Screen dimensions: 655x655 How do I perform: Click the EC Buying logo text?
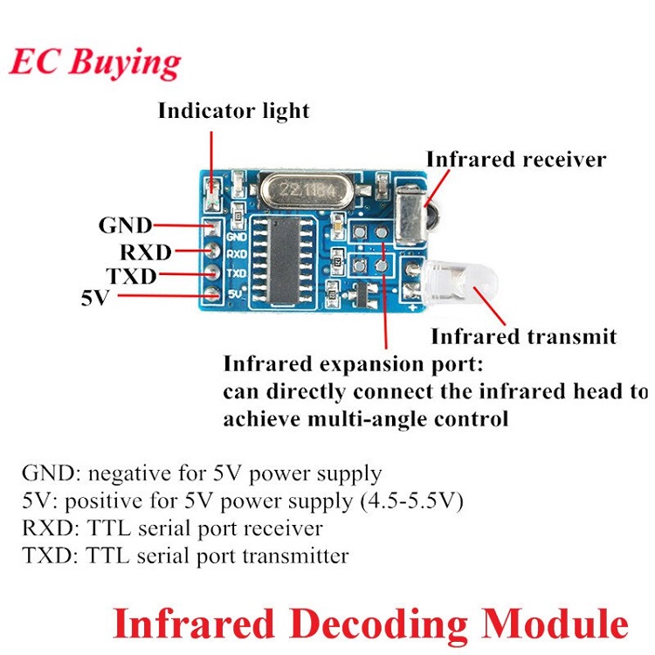click(x=95, y=64)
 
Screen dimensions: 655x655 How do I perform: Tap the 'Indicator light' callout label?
click(x=234, y=112)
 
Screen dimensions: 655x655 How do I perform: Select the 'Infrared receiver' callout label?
click(x=516, y=159)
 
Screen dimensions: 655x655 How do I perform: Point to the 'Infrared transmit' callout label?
click(x=524, y=337)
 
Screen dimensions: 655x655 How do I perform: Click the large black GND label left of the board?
click(x=125, y=225)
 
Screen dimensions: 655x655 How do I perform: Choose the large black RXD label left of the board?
click(x=146, y=252)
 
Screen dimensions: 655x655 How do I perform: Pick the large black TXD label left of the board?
click(x=132, y=276)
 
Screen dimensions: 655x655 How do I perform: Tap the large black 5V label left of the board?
click(x=95, y=298)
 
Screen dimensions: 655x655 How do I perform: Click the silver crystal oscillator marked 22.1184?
click(x=307, y=191)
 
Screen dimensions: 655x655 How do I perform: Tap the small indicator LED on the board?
click(x=212, y=194)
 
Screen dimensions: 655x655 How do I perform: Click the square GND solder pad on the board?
click(x=212, y=228)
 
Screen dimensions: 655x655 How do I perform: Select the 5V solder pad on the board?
click(x=212, y=293)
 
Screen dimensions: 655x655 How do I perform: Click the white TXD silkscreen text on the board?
click(x=237, y=273)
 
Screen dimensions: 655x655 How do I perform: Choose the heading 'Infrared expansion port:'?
click(x=354, y=364)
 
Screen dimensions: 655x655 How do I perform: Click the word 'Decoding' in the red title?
click(x=379, y=624)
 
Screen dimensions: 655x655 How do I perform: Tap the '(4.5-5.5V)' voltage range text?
click(x=412, y=501)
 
